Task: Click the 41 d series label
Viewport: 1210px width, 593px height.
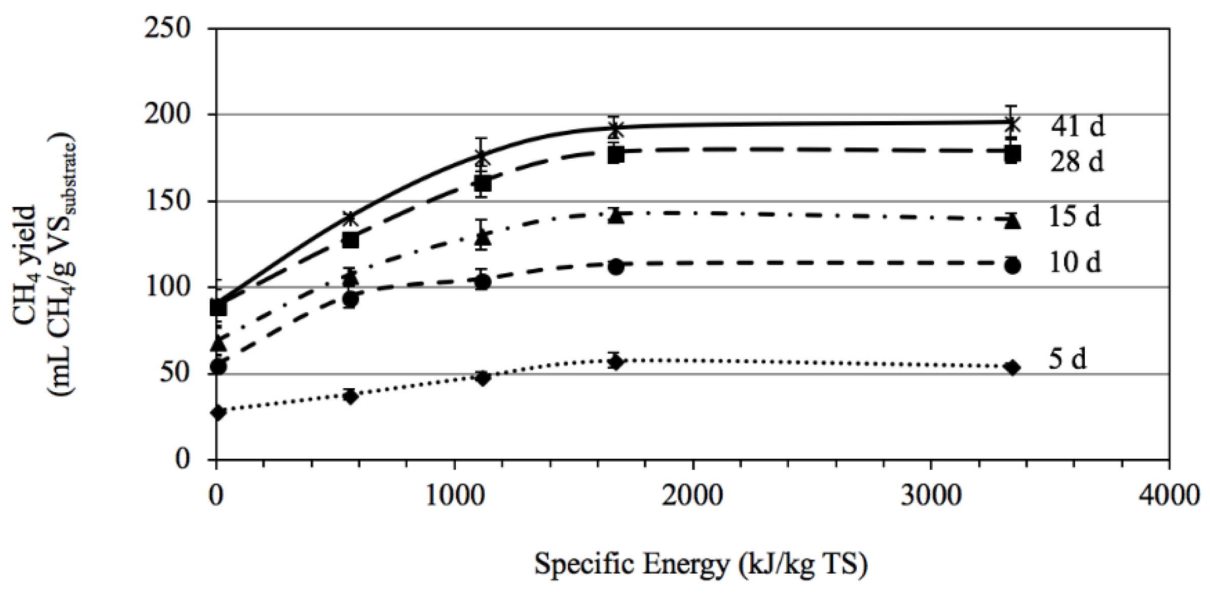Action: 1077,125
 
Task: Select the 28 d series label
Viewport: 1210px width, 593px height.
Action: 1077,162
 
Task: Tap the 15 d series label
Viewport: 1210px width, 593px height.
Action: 1075,216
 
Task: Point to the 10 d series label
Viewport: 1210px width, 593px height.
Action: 1075,263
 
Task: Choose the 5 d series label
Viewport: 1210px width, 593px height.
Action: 1068,359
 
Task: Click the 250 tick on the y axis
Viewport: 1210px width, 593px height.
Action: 168,28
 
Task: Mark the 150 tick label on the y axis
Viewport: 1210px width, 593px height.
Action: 168,201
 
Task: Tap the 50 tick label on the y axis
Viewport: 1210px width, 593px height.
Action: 175,374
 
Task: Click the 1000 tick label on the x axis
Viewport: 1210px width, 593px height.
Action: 454,495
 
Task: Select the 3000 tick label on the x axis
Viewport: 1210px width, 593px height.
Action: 931,495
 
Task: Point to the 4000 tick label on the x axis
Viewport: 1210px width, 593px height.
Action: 1169,495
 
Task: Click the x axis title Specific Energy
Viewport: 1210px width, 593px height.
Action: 701,564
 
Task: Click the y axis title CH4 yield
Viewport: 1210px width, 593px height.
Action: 25,264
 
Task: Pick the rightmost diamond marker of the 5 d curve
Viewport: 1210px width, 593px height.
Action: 1012,367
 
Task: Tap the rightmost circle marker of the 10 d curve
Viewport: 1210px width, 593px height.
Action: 1012,266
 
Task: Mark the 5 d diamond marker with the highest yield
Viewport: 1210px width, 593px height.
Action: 615,362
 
